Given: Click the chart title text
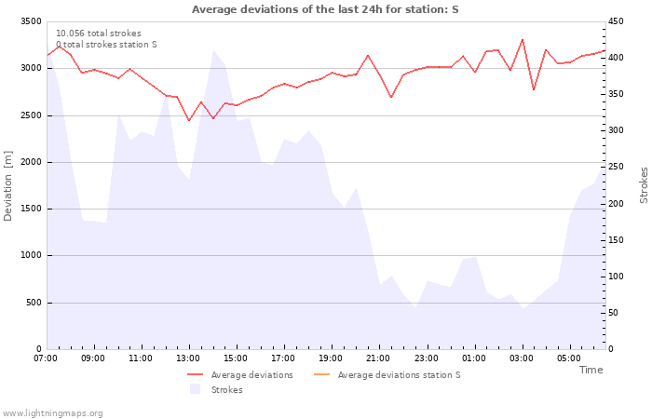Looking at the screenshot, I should (x=325, y=9).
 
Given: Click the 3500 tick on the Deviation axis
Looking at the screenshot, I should (x=31, y=21).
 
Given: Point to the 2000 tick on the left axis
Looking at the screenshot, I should (x=31, y=162).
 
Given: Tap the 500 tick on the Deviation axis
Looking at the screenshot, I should (x=34, y=303).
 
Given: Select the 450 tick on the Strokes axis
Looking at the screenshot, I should (x=617, y=21).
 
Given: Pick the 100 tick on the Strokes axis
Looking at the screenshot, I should (x=617, y=277).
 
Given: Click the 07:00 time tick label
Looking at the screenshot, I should (x=46, y=358).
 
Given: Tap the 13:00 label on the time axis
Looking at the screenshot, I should (x=188, y=358).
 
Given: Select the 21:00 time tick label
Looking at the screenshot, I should (x=379, y=358).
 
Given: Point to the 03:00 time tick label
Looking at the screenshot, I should (x=522, y=358).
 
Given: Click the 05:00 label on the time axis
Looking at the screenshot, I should (x=569, y=358).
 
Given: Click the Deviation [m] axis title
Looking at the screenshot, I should (x=9, y=185).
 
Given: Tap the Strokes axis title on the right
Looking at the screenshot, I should (x=644, y=185).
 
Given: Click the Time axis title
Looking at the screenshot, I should (x=591, y=370).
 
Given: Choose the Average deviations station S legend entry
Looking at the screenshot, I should (x=399, y=375).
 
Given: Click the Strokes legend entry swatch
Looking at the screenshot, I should (x=195, y=389).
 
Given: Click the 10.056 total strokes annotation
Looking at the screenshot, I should (x=99, y=34).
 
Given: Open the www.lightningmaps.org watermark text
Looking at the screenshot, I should (x=52, y=412).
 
